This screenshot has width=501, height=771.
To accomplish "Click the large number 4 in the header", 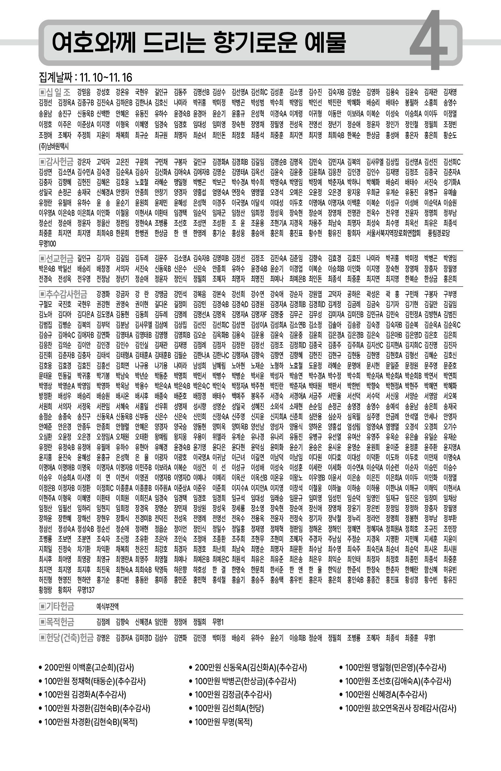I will [x=429, y=41].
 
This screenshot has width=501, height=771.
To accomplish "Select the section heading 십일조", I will [x=55, y=92].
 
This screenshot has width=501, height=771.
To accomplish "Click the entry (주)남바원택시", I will [x=54, y=147].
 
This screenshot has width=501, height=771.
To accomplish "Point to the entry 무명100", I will [x=47, y=244].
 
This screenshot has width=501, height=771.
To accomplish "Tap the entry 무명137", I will [x=86, y=590].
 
